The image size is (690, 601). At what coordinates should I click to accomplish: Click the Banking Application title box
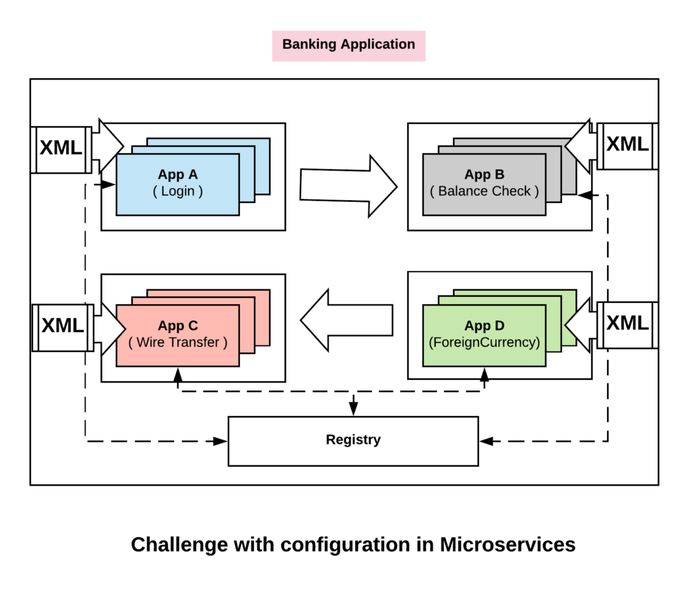348,45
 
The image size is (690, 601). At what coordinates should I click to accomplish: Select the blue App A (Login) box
177,184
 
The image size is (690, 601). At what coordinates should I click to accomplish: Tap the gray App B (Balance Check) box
484,184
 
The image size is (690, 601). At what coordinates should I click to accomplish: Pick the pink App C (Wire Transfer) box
177,335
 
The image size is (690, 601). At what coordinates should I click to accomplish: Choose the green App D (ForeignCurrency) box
484,335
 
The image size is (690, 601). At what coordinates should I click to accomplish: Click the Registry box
353,440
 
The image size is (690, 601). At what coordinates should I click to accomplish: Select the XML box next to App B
627,146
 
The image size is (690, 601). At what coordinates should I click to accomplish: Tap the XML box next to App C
63,327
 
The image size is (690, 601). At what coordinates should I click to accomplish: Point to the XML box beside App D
627,324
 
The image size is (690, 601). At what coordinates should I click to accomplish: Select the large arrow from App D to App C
346,320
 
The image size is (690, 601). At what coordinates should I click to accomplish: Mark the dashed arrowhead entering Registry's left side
220,441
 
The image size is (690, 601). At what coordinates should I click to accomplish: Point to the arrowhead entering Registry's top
353,409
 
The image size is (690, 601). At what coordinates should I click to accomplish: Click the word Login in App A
178,192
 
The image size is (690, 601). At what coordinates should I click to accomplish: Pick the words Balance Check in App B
484,192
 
